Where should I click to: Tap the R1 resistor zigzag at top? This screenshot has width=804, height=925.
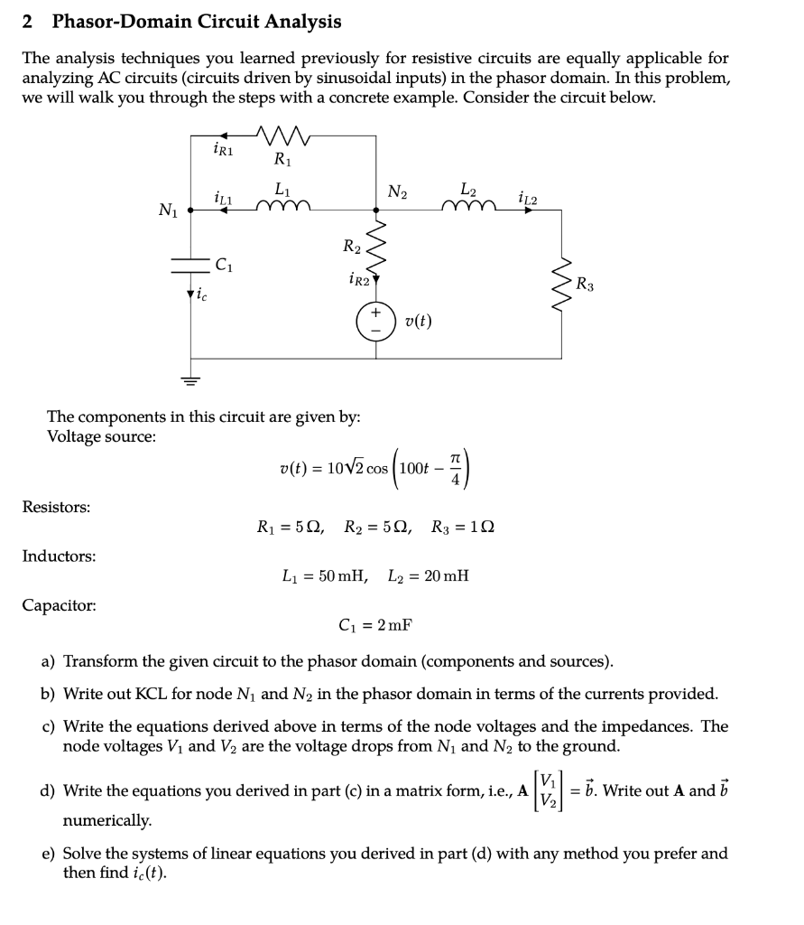pos(282,136)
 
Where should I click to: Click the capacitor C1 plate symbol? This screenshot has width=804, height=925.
pos(190,265)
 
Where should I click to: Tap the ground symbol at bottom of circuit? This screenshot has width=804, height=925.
pos(190,379)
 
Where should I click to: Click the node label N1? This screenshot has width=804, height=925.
pos(168,211)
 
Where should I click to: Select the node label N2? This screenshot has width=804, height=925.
pos(397,192)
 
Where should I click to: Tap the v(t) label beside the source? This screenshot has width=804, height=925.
pos(418,322)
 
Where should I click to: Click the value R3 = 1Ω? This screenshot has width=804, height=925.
pos(460,527)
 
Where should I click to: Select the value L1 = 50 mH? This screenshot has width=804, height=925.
pos(325,575)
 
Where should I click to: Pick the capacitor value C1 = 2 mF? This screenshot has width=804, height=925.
pos(374,624)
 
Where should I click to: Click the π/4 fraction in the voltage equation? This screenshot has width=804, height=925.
pos(456,468)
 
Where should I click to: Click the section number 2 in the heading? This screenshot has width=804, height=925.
pos(28,21)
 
